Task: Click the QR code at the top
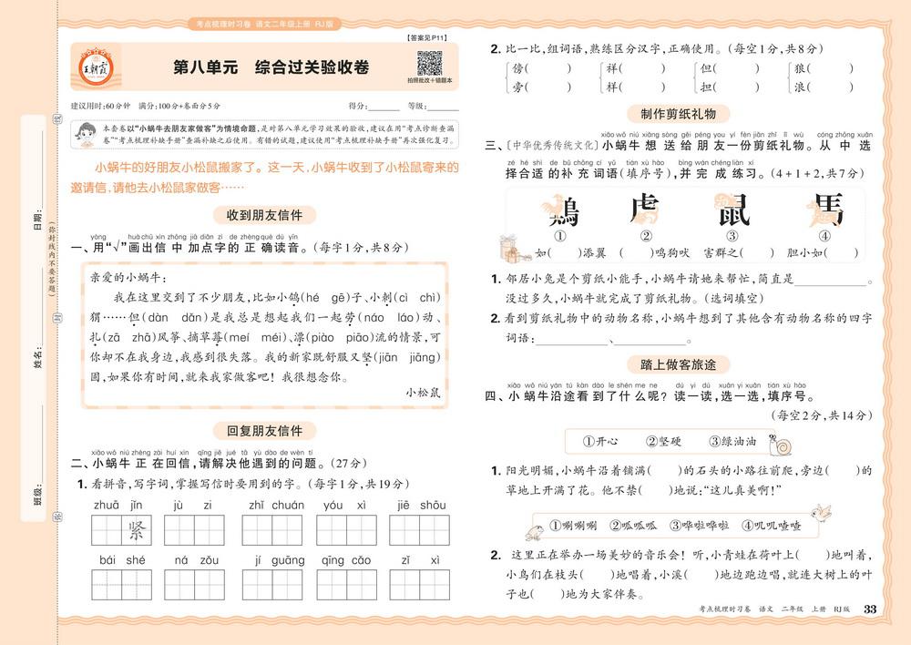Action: pyautogui.click(x=429, y=64)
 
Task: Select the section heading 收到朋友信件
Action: pyautogui.click(x=263, y=215)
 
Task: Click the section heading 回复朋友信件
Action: pyautogui.click(x=263, y=430)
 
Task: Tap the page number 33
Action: pyautogui.click(x=868, y=609)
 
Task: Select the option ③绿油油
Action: pyautogui.click(x=732, y=442)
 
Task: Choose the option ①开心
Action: pyautogui.click(x=600, y=442)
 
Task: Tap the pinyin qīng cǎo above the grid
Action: pyautogui.click(x=345, y=560)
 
